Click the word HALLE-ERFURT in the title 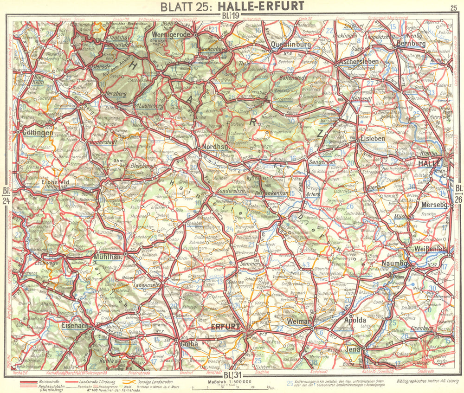point(266,6)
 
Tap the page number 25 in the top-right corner point(453,7)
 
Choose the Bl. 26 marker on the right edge point(458,192)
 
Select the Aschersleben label point(357,61)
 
